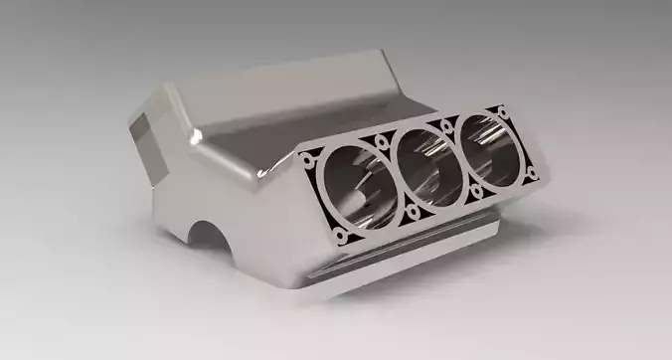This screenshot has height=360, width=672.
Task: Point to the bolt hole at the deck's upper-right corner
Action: pyautogui.click(x=503, y=111)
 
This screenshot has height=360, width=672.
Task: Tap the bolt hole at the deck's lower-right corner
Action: pyautogui.click(x=533, y=174)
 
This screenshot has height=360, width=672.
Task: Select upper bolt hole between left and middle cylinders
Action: pyautogui.click(x=382, y=144)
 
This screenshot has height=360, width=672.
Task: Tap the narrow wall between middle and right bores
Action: pyautogui.click(x=460, y=157)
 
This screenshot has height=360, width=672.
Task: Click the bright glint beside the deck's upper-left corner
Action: pyautogui.click(x=266, y=175)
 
